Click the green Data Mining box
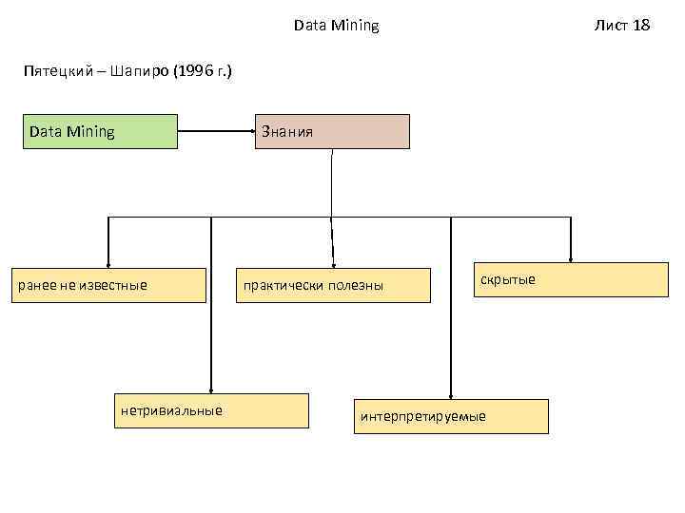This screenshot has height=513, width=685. point(103,132)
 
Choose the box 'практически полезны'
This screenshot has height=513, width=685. point(332,285)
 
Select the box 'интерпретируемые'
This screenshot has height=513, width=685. point(451,416)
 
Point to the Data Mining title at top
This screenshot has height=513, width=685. point(336,26)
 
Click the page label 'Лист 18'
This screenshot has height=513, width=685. point(622,26)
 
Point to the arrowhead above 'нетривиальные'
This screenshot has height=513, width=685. point(211,388)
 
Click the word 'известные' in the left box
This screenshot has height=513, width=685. point(117,285)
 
